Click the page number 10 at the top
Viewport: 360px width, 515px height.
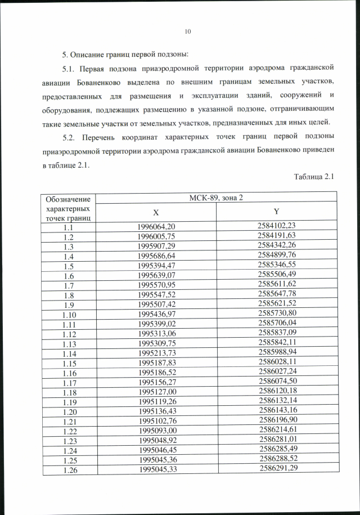188,32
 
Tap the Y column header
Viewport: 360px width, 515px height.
276,212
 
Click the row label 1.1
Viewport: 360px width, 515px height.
69,227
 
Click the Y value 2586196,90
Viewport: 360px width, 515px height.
276,419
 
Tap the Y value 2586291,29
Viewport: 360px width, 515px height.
276,467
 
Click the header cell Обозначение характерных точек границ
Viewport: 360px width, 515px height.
68,208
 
